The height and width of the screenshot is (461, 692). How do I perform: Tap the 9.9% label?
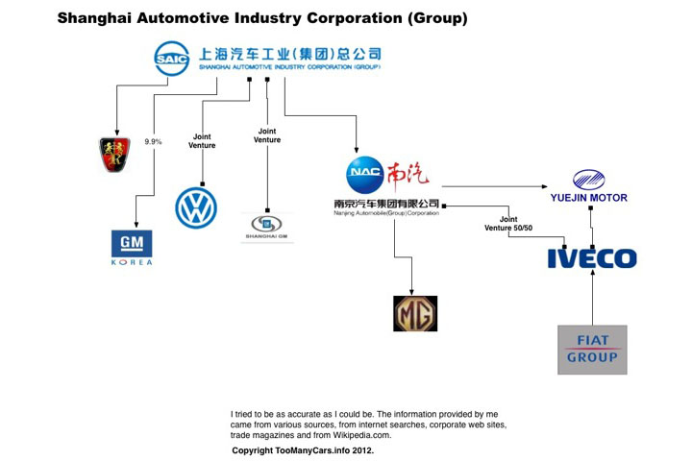154,142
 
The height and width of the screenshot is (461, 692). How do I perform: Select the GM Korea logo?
132,248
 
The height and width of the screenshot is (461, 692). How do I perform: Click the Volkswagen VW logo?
197,207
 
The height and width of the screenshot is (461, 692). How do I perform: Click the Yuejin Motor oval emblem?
588,179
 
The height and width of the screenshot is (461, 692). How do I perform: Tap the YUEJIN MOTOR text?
588,198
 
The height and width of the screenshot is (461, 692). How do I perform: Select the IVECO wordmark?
591,257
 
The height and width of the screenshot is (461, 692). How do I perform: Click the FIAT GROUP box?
592,350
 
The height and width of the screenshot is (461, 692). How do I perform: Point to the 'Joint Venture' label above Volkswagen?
203,141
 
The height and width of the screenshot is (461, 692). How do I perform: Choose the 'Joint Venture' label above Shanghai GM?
267,135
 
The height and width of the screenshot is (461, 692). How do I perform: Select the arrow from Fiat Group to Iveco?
593,298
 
